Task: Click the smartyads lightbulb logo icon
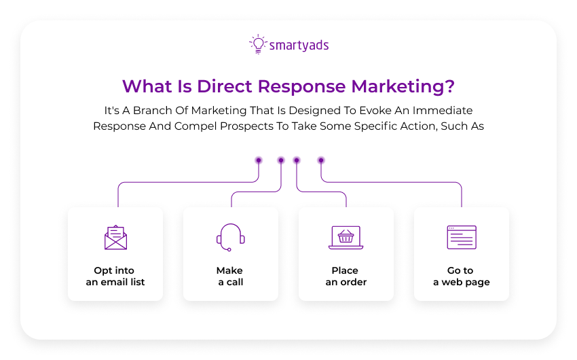click(257, 44)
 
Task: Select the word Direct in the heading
click(227, 87)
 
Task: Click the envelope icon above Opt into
click(115, 238)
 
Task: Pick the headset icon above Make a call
click(231, 236)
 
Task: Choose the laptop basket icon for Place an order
click(346, 238)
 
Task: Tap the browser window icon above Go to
click(462, 237)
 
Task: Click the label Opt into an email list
click(115, 276)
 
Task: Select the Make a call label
click(231, 276)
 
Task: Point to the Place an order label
click(346, 276)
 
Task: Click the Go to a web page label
click(462, 276)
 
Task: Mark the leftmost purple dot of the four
click(259, 160)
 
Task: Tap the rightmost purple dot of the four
click(321, 160)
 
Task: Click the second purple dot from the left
click(280, 160)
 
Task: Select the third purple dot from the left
click(297, 160)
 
